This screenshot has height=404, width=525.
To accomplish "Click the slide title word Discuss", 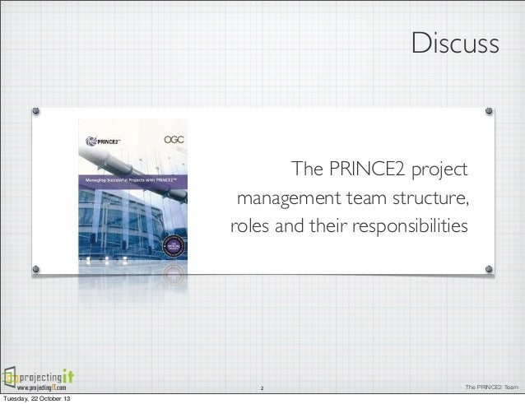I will (455, 44).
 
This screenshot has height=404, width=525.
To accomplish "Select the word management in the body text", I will (283, 198).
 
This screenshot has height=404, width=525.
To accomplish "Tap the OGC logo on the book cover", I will (174, 141).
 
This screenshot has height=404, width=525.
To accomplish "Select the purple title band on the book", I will (132, 179).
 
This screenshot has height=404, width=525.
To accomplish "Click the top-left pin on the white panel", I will (36, 110).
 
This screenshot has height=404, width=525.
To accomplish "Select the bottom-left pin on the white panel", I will (36, 268).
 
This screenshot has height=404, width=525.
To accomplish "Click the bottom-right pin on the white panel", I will (488, 268).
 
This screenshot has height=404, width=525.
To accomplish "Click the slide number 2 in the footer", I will (262, 388).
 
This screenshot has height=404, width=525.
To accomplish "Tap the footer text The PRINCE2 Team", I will (492, 388).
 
